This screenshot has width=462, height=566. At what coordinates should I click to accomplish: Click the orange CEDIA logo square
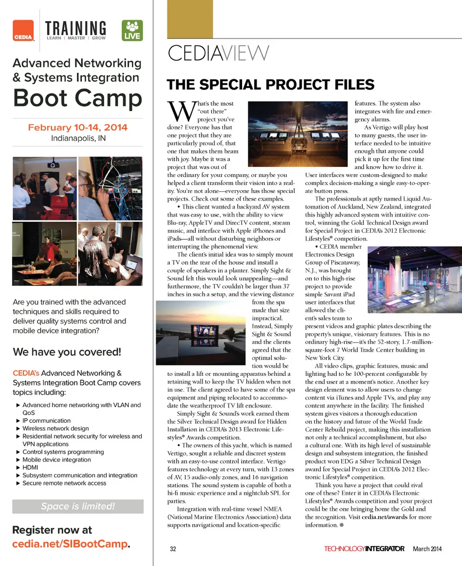[x=23, y=30]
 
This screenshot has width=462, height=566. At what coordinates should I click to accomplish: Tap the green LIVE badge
[x=131, y=30]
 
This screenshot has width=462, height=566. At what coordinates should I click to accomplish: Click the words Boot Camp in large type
[x=77, y=98]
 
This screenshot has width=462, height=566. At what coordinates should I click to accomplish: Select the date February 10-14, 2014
[x=77, y=128]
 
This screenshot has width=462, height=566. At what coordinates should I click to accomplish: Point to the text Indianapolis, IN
[x=77, y=139]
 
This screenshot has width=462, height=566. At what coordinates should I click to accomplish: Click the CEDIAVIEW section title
[x=218, y=53]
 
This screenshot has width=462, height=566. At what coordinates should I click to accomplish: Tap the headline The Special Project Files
[x=270, y=85]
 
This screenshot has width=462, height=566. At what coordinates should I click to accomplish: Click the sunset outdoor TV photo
[x=203, y=334]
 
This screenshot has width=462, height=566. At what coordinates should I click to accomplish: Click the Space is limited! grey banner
[x=77, y=506]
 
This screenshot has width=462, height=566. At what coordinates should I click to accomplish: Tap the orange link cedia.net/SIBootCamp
[x=70, y=544]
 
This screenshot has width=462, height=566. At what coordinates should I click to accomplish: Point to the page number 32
[x=173, y=549]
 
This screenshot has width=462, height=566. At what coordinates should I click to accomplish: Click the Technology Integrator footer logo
[x=364, y=549]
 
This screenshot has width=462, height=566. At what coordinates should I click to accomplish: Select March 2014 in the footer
[x=427, y=549]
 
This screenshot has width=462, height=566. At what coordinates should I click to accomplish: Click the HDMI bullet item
[x=30, y=467]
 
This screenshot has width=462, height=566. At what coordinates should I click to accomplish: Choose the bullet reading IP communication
[x=47, y=421]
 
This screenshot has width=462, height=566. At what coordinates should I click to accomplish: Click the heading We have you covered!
[x=67, y=352]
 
